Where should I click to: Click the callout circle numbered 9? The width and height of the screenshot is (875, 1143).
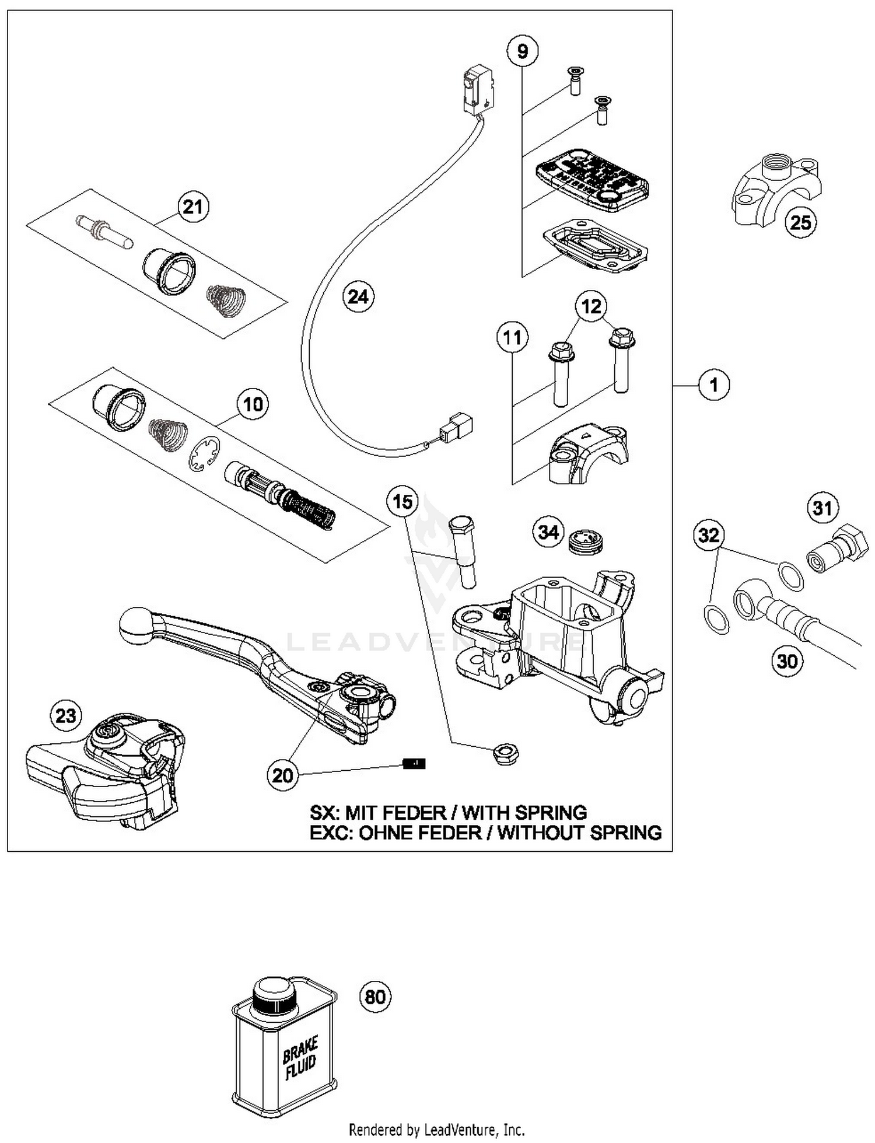point(522,52)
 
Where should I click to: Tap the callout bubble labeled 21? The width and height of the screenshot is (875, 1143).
point(192,207)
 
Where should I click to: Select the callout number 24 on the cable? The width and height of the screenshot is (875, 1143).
point(358,297)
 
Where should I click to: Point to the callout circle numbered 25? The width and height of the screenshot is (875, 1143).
point(800,222)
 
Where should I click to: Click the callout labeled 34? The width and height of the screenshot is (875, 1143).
point(548,532)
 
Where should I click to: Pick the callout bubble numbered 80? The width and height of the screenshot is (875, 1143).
point(374,997)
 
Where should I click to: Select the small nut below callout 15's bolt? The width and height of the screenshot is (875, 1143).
point(505,754)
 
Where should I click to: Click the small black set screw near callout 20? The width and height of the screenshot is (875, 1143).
point(414,763)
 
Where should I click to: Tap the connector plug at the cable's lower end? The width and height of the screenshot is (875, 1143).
point(456,428)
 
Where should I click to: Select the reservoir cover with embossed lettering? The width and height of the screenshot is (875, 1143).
point(592,180)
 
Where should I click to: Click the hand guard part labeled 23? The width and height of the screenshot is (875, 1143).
point(105,770)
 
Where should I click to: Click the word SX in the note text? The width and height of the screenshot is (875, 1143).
point(323,812)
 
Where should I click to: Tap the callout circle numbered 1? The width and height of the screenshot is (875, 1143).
point(714,385)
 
